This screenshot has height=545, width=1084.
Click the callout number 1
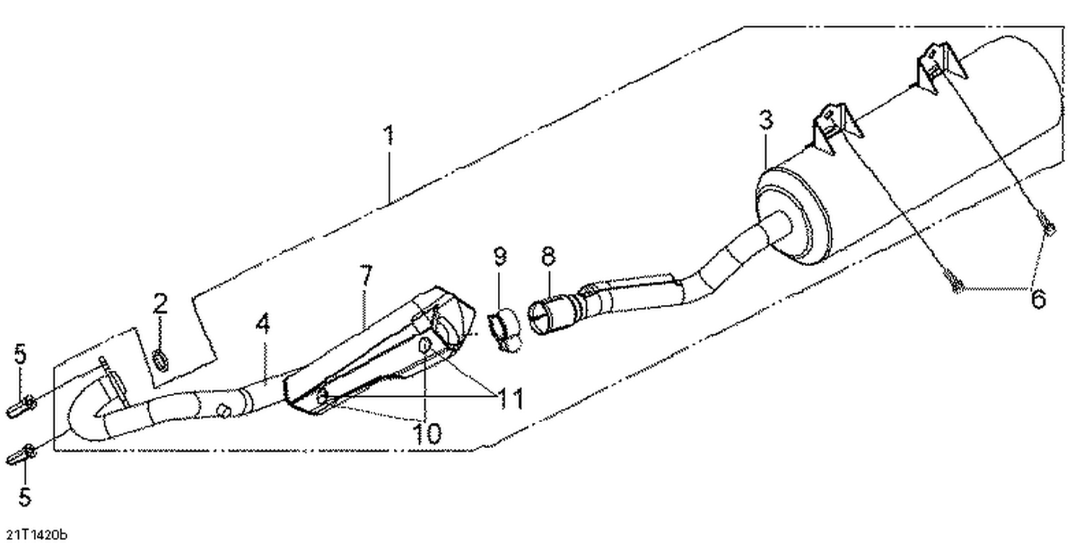click(389, 135)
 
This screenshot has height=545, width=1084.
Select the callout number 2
click(160, 304)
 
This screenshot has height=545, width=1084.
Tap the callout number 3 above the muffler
click(766, 120)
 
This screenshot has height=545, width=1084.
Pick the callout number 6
click(1037, 298)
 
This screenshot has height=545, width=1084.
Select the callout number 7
click(366, 275)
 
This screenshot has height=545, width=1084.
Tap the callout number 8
click(548, 255)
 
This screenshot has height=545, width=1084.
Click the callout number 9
click(499, 255)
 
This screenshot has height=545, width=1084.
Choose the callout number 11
click(505, 398)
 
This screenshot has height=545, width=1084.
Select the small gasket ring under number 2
click(163, 359)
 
